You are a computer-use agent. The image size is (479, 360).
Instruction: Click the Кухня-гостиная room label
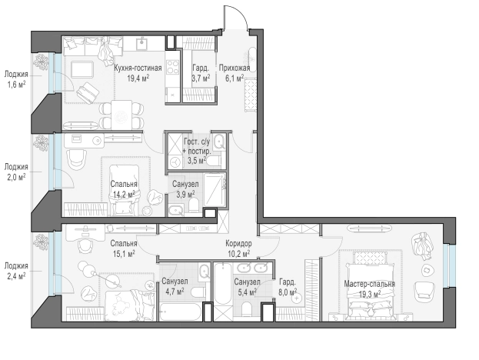[x=138, y=68]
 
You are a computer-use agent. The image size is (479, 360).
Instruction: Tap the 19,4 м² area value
[x=138, y=78]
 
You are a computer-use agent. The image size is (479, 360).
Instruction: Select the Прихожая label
[x=235, y=68]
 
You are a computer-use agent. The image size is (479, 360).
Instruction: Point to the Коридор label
[x=238, y=244]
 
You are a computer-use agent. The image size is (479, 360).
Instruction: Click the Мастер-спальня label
[x=369, y=284]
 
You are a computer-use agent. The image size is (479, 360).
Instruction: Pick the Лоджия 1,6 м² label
[x=16, y=78]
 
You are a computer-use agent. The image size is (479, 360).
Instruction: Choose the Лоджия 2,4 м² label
[x=16, y=271]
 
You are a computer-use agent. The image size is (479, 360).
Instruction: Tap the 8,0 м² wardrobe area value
[x=288, y=292]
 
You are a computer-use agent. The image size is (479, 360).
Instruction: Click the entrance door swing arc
[x=241, y=12]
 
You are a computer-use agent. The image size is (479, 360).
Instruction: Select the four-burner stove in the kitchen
[x=172, y=67]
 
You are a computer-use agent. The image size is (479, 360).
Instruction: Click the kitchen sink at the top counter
[x=141, y=44]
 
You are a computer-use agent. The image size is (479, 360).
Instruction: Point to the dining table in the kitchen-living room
[x=121, y=115]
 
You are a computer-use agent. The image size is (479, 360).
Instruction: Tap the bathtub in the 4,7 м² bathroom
[x=180, y=312]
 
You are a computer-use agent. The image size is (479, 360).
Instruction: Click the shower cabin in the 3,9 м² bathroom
[x=215, y=190]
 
